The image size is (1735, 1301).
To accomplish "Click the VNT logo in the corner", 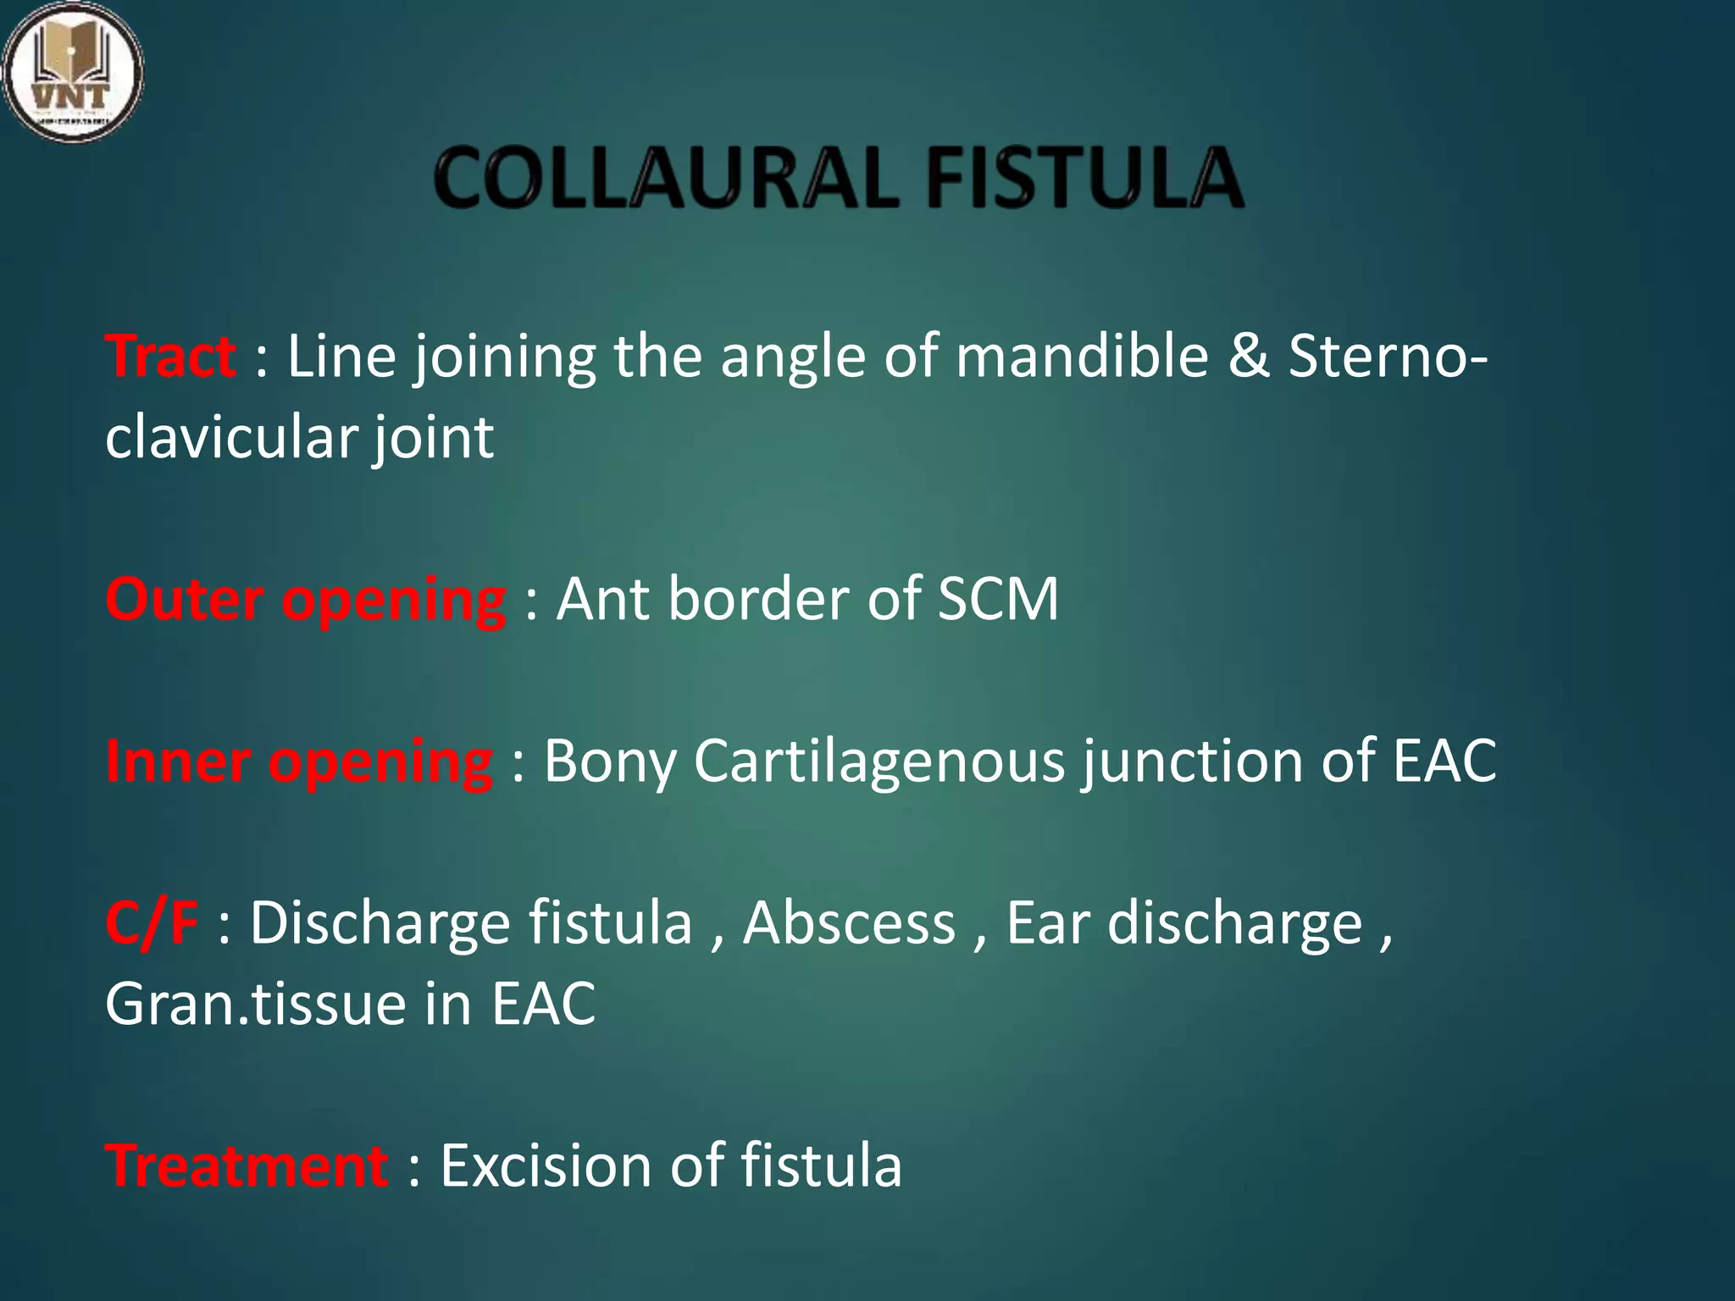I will (x=72, y=71).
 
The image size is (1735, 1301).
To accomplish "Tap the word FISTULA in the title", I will (x=1085, y=178).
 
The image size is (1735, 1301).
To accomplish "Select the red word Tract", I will (x=170, y=357).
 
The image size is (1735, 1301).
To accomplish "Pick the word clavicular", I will (x=231, y=437).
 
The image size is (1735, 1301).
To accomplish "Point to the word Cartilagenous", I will (x=879, y=761).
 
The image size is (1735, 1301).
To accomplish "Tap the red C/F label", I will (x=152, y=922).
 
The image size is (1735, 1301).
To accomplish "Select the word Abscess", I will (x=849, y=922).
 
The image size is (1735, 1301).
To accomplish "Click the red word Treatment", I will (x=247, y=1165).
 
